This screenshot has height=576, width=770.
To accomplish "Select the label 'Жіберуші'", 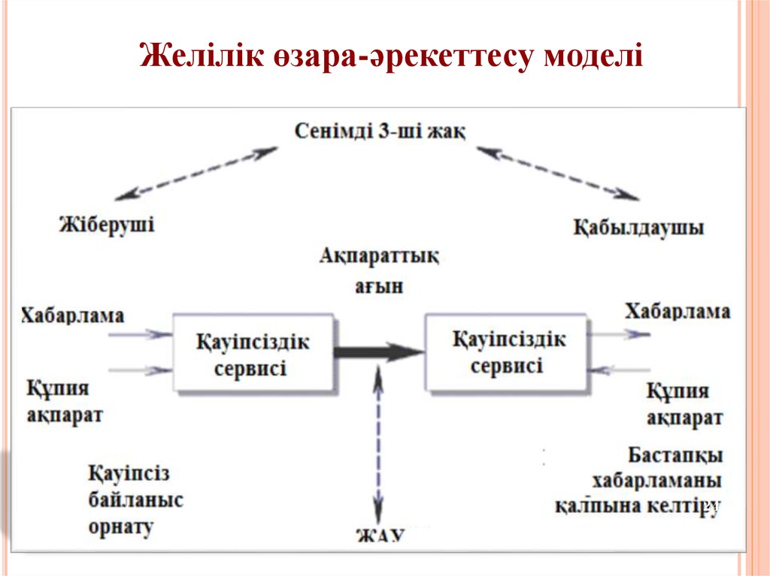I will (106, 224).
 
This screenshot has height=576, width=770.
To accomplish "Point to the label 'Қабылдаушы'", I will (638, 227).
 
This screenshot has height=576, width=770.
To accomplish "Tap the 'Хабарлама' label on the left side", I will (72, 315).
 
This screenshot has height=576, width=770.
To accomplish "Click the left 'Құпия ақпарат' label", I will (65, 401).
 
